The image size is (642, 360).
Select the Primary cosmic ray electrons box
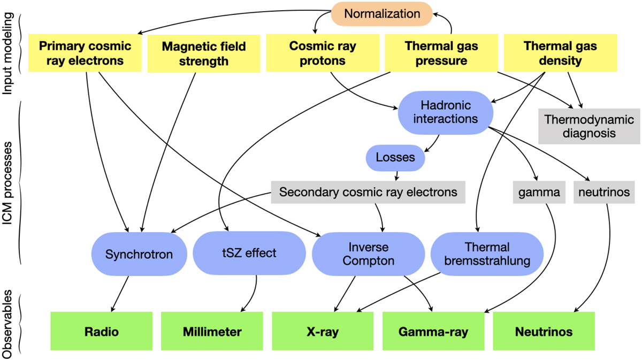pos(85,53)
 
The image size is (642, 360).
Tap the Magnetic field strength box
pos(204,53)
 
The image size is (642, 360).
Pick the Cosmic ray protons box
pos(323,53)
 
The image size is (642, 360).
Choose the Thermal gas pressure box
pos(441,53)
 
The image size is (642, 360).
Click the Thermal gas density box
pos(560,53)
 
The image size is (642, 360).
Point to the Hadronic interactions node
pos(445,112)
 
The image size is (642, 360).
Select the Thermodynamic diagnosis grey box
pos(589,126)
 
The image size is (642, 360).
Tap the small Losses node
pos(395,158)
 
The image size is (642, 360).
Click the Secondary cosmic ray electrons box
pos(368,192)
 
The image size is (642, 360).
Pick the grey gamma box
pos(539,192)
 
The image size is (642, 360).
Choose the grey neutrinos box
pos(604,192)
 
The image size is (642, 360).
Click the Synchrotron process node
pos(139,254)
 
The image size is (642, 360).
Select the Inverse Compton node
pos(369,254)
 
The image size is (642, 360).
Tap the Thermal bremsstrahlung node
pos(487,254)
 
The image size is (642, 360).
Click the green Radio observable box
pos(101,332)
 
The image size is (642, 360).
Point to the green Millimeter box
pos(212,332)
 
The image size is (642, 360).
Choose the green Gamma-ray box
pos(433,332)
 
